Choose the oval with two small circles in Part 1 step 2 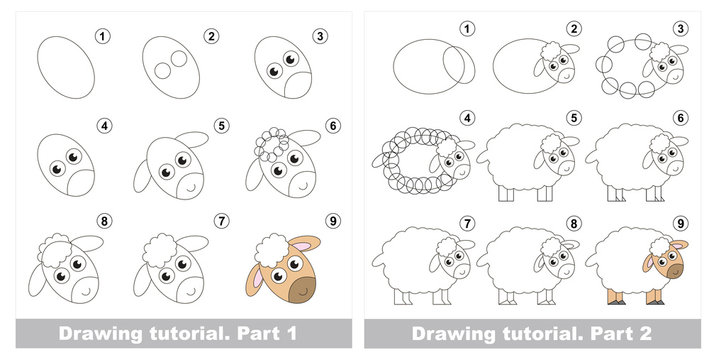click(176, 68)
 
